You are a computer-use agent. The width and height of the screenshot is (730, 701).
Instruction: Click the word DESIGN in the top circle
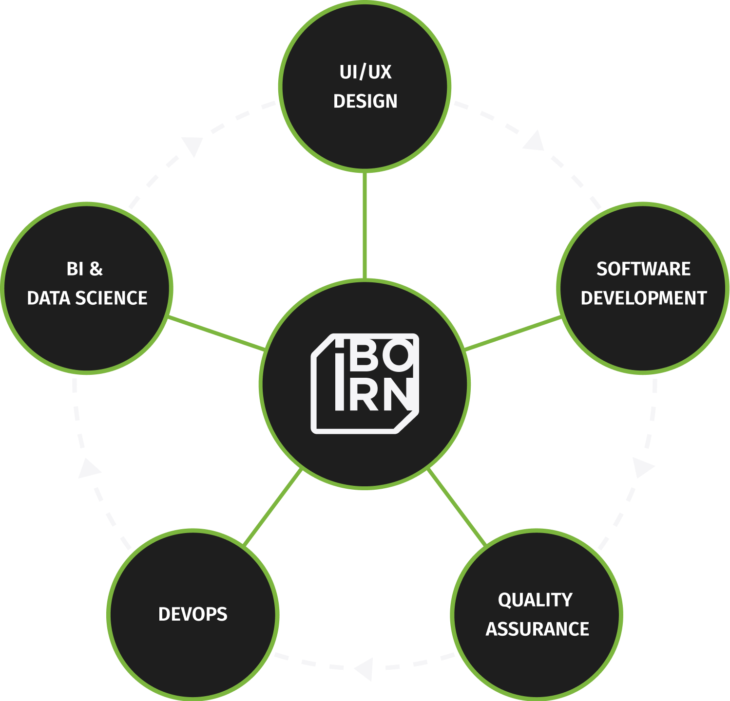pos(365,101)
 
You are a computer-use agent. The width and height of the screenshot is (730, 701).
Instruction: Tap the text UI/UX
pos(365,72)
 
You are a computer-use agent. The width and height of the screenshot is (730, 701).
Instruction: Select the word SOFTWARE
pos(643,269)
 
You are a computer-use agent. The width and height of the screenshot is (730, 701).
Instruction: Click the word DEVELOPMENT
pos(643,298)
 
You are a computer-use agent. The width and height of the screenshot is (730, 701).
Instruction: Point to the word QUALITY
pos(535,600)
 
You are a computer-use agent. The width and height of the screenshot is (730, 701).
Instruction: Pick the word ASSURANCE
pos(537,629)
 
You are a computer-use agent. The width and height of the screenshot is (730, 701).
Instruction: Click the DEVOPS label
pos(192,614)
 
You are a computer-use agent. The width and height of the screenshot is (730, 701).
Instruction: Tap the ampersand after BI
pos(96,269)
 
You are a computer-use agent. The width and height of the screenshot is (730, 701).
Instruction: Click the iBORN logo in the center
pos(365,384)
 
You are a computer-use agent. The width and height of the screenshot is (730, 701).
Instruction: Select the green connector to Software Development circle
pos(513,333)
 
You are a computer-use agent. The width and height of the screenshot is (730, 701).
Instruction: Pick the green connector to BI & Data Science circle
pos(216,333)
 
